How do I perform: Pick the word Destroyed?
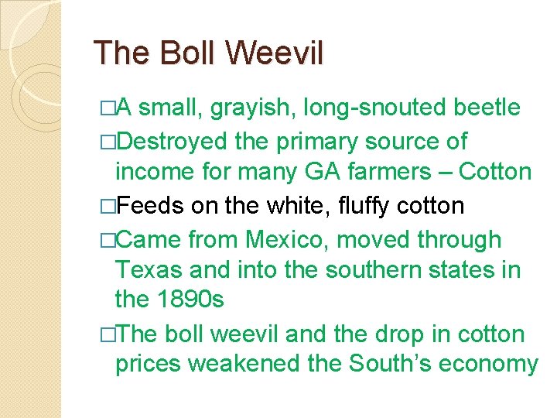pos(175,142)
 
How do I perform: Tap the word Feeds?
pos(150,206)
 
